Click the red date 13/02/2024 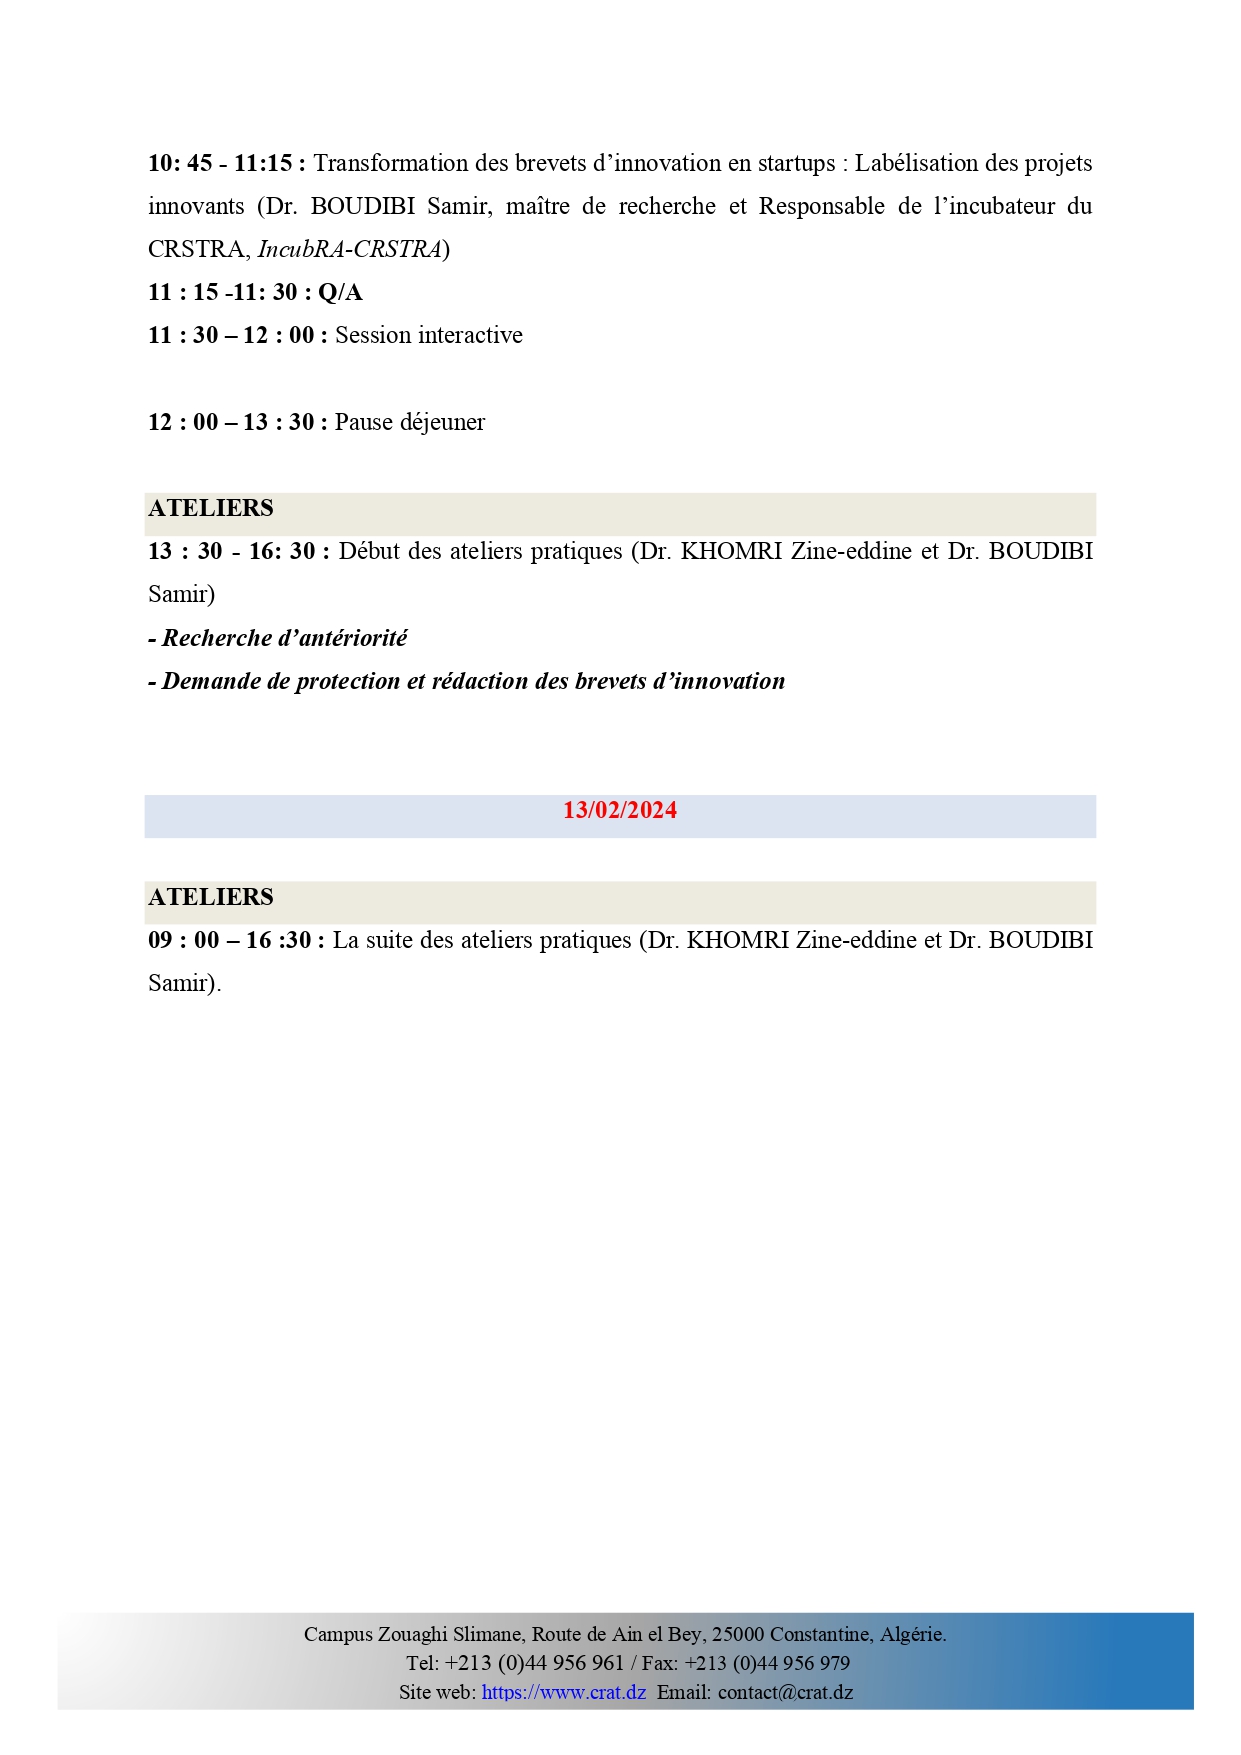click(x=619, y=810)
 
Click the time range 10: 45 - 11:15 click(x=221, y=163)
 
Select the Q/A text click(x=340, y=292)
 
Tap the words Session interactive click(x=428, y=335)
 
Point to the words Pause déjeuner click(x=409, y=422)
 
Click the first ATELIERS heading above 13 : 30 click(x=211, y=508)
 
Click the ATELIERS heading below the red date click(x=211, y=897)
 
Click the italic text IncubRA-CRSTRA click(x=349, y=249)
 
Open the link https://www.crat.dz click(x=563, y=1692)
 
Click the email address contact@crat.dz click(x=785, y=1692)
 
